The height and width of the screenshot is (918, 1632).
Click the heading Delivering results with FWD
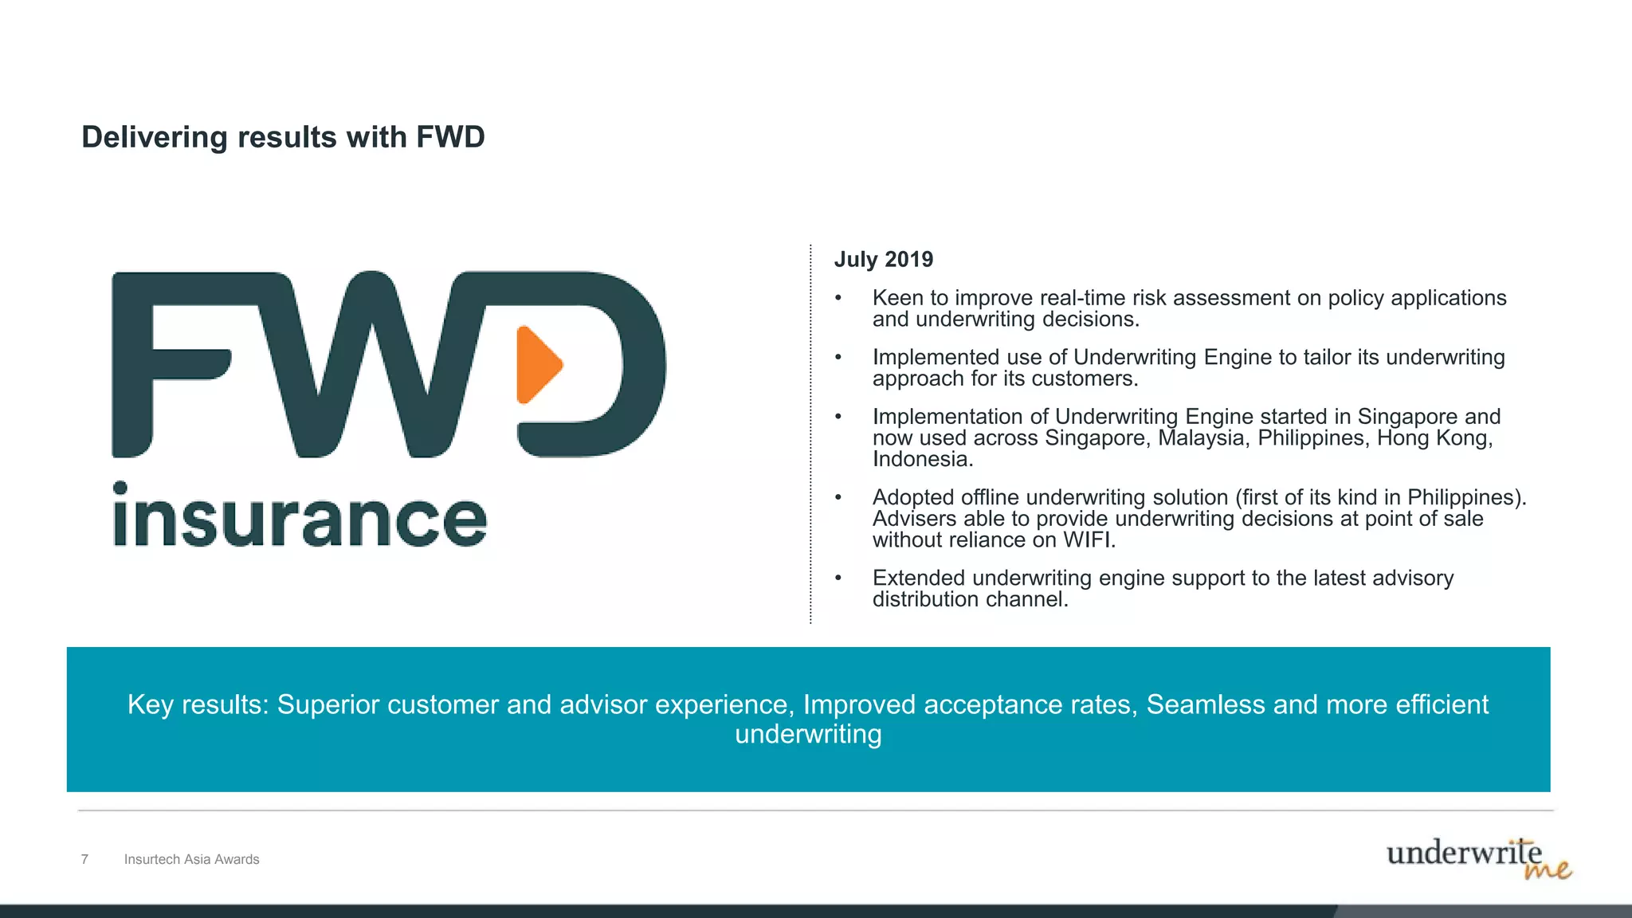click(283, 137)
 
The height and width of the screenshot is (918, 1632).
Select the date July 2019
click(883, 260)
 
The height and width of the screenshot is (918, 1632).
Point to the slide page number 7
click(84, 859)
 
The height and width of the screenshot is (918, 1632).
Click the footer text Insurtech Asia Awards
click(191, 859)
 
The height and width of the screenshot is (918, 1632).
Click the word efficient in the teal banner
click(1442, 704)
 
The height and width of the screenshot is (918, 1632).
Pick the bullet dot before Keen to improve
click(838, 299)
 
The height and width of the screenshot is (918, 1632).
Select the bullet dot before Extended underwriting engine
click(838, 579)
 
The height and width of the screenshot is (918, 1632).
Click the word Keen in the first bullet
click(898, 298)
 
